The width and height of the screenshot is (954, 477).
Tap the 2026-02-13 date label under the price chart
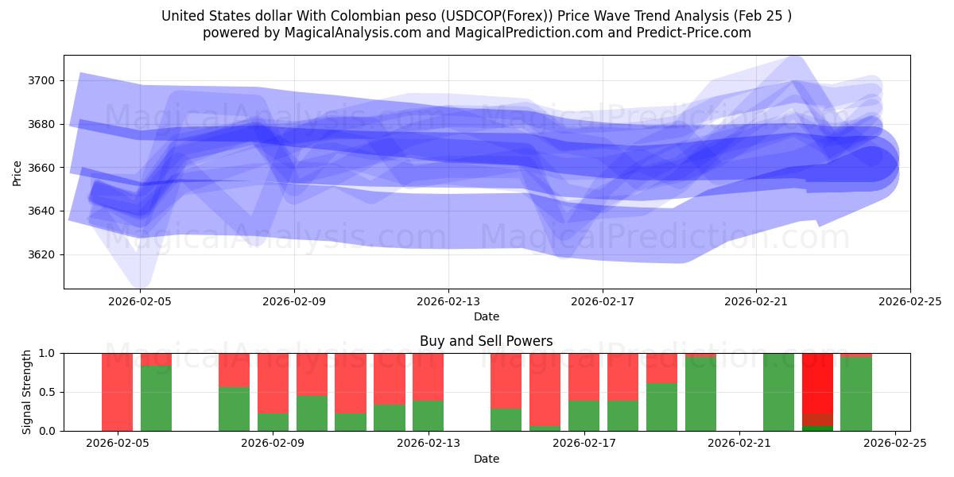(x=448, y=301)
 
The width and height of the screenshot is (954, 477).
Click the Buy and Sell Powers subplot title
(x=487, y=341)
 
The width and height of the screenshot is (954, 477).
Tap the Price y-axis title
(x=17, y=173)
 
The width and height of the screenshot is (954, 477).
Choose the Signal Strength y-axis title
(x=27, y=392)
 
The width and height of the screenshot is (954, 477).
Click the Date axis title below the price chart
(x=487, y=316)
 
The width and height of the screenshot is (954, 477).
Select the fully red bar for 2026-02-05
(x=118, y=392)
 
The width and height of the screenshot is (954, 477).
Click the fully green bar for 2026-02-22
(x=778, y=392)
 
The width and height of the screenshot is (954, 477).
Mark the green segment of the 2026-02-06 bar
(x=157, y=398)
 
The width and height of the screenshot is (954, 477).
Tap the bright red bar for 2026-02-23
(x=817, y=382)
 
